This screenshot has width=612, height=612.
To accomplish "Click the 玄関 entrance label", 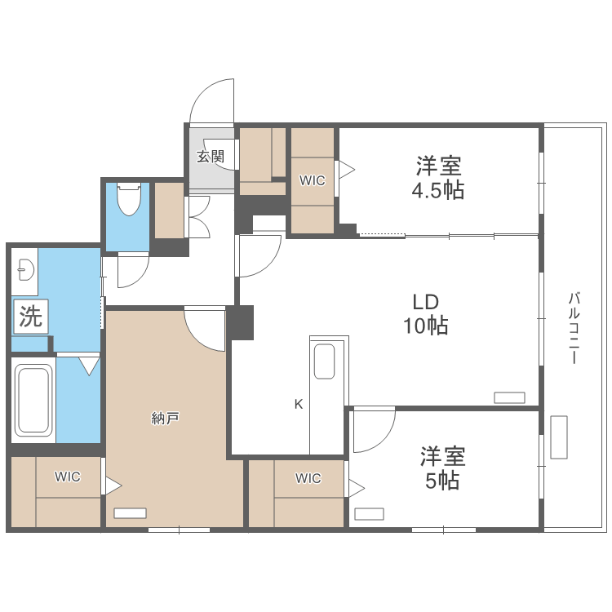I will pyautogui.click(x=210, y=156).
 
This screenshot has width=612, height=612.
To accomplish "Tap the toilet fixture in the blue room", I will pyautogui.click(x=129, y=199).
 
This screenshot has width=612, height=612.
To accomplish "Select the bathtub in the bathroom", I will pyautogui.click(x=33, y=401).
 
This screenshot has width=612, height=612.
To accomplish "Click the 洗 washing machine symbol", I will pyautogui.click(x=30, y=316).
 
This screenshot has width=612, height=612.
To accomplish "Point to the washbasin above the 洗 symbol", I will pyautogui.click(x=24, y=269).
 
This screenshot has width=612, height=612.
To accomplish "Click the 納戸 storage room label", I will pyautogui.click(x=165, y=419).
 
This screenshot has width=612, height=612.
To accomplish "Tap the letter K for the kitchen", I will pyautogui.click(x=299, y=403).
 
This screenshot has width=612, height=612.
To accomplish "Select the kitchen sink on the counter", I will pyautogui.click(x=324, y=361).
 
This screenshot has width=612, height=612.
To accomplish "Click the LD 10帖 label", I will pyautogui.click(x=424, y=313).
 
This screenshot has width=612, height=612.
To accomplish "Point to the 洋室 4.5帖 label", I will pyautogui.click(x=439, y=179).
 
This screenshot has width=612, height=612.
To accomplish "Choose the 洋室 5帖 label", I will pyautogui.click(x=442, y=468).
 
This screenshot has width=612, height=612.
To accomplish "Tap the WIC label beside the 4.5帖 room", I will pyautogui.click(x=312, y=181).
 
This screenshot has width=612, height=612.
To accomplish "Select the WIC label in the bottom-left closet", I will pyautogui.click(x=68, y=477).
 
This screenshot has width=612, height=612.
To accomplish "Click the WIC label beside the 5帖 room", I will pyautogui.click(x=308, y=478).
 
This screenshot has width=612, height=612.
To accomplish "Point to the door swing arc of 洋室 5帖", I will pyautogui.click(x=374, y=431).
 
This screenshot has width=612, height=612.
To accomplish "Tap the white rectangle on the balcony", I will pyautogui.click(x=558, y=437).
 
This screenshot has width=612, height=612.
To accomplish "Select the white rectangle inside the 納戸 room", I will pyautogui.click(x=131, y=513).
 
